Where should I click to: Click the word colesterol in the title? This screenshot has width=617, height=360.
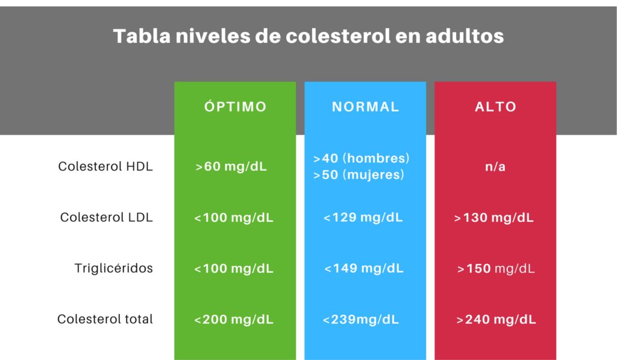point(327,36)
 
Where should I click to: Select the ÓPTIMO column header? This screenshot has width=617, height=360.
point(235,107)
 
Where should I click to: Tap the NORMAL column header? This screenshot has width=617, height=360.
point(365,107)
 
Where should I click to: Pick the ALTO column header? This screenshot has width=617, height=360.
point(495,107)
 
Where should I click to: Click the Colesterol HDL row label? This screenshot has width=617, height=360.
point(105,166)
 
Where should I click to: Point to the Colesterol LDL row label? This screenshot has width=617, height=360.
point(107,218)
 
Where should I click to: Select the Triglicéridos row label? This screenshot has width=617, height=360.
point(114,268)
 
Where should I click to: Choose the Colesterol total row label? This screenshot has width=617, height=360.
point(105,319)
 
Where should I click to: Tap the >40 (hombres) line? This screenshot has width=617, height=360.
point(362,158)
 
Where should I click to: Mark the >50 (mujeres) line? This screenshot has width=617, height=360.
point(358,175)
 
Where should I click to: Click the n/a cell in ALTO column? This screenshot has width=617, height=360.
point(495,166)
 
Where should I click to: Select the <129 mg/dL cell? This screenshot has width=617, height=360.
point(363,218)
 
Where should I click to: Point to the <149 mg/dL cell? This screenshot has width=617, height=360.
point(364,268)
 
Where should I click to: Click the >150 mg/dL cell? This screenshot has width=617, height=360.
point(496,268)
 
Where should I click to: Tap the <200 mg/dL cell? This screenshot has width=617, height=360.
point(234,320)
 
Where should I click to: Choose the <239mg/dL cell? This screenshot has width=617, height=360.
point(360,320)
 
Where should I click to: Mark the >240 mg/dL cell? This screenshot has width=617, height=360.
point(496,320)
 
